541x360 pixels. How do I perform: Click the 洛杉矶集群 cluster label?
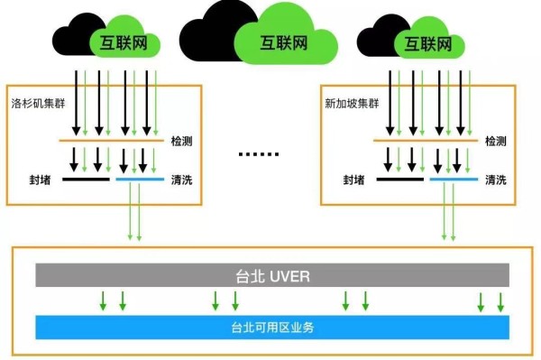tap(35, 104)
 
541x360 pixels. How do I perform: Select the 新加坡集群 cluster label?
tap(349, 104)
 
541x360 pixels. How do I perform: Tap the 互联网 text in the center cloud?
tap(280, 42)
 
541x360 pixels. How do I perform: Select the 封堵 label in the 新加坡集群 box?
tap(353, 180)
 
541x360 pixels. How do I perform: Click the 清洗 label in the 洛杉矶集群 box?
tap(181, 180)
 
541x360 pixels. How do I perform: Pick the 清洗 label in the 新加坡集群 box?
tap(495, 180)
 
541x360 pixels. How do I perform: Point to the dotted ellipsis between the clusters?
tap(261, 154)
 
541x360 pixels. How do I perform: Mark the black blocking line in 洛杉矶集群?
tap(87, 180)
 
